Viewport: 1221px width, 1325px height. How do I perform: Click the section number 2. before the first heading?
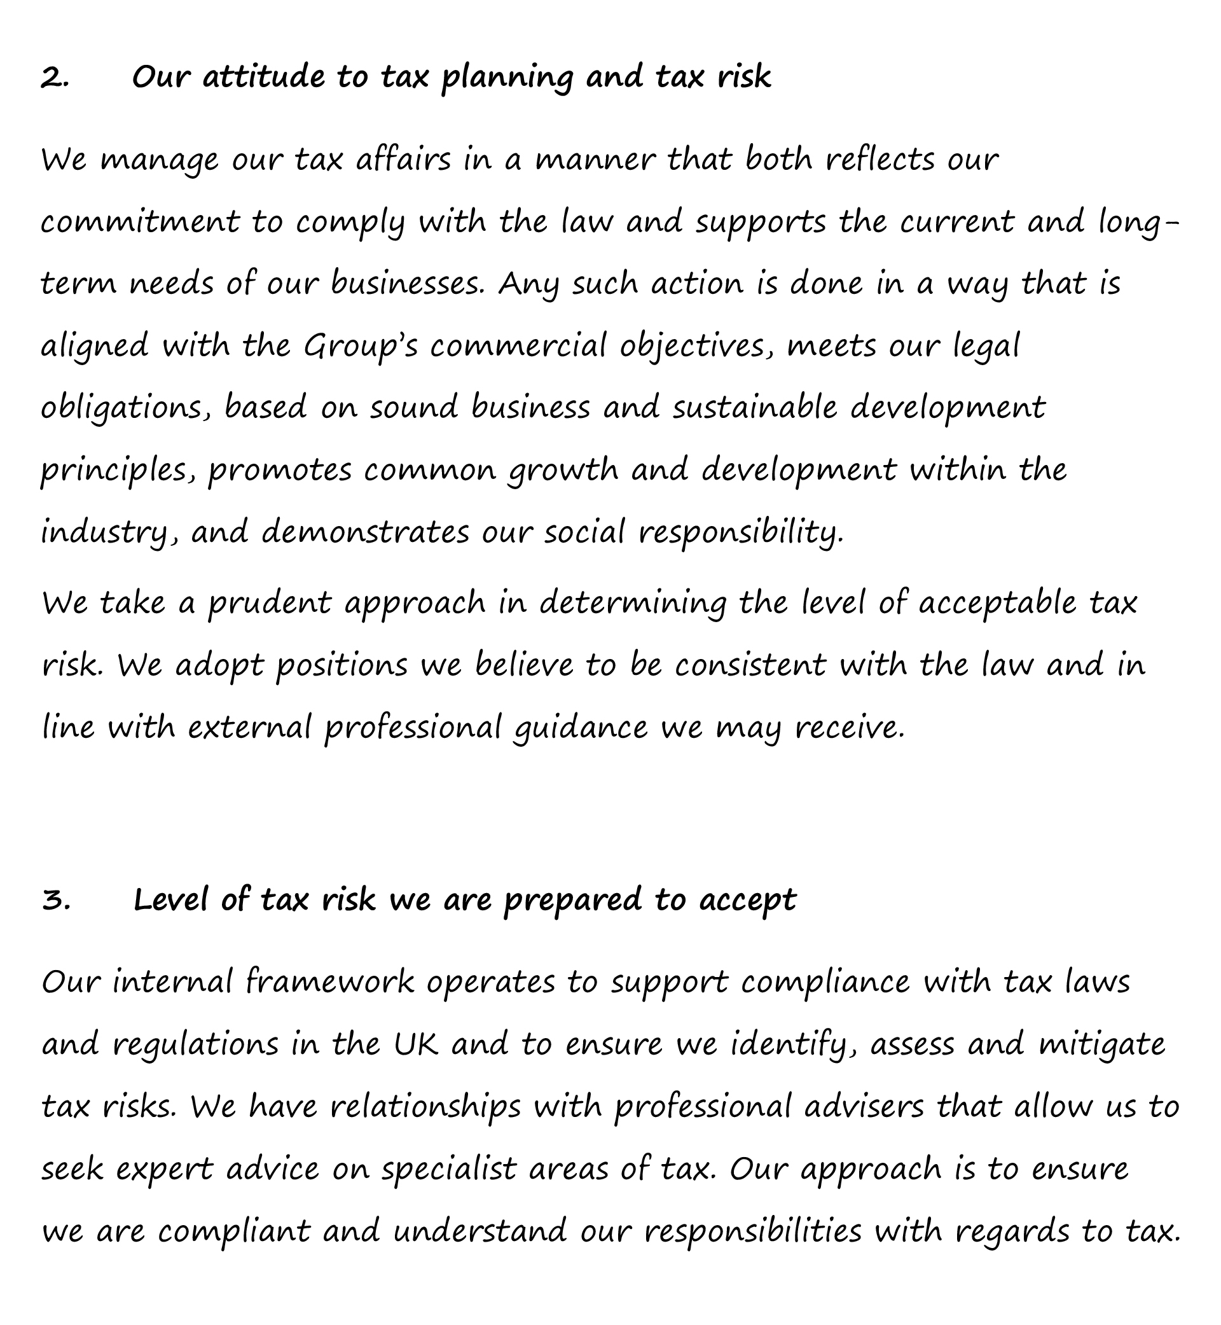pyautogui.click(x=55, y=78)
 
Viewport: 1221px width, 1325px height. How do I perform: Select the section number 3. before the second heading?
pyautogui.click(x=57, y=900)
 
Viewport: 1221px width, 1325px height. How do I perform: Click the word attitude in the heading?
pyautogui.click(x=263, y=77)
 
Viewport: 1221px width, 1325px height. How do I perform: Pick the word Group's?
pyautogui.click(x=361, y=347)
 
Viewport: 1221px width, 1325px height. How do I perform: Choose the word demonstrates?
pyautogui.click(x=366, y=532)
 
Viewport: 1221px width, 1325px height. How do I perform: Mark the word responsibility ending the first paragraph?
pyautogui.click(x=741, y=533)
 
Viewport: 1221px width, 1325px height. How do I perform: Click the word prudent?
pyautogui.click(x=270, y=604)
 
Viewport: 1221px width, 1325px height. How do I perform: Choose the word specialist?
pyautogui.click(x=448, y=1170)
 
